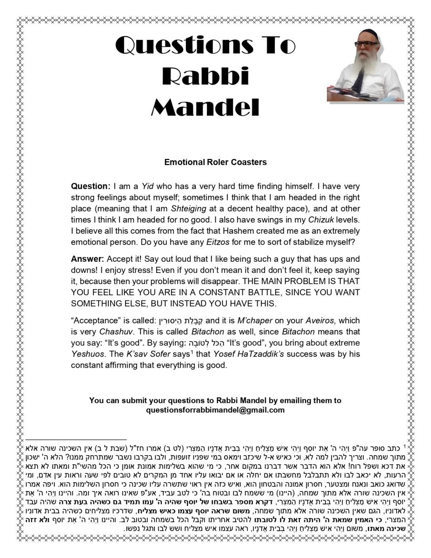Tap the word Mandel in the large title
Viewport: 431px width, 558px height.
point(205,107)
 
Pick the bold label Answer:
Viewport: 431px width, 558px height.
point(88,259)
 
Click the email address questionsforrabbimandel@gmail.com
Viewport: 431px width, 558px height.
point(215,410)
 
